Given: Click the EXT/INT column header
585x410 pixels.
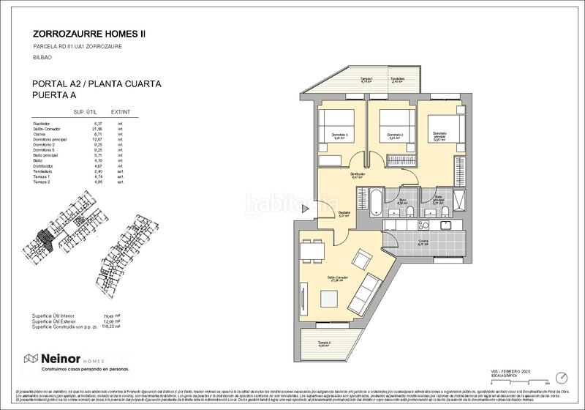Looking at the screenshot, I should (x=121, y=113).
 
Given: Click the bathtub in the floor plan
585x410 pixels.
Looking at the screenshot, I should (x=371, y=198).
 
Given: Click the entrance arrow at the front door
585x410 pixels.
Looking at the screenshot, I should (x=304, y=207).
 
